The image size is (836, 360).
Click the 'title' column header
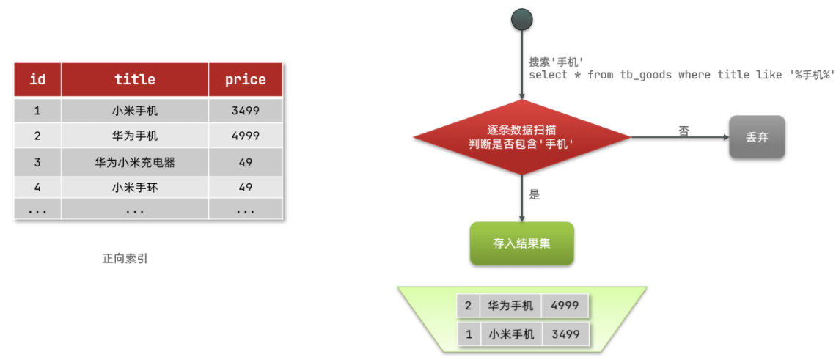click(x=135, y=79)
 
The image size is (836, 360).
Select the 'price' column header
click(x=245, y=79)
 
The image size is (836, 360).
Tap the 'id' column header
click(x=37, y=79)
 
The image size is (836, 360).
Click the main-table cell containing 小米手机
click(x=135, y=111)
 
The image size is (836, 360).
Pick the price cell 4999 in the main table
click(x=245, y=136)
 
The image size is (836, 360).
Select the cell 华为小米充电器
click(x=135, y=162)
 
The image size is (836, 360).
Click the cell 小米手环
click(x=135, y=187)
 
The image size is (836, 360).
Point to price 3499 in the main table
click(x=245, y=111)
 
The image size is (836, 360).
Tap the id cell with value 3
click(x=37, y=162)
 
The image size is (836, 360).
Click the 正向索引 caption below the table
click(x=125, y=259)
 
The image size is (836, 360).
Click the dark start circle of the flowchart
click(x=521, y=19)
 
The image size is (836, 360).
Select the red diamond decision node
click(x=521, y=137)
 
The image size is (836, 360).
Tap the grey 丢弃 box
click(x=757, y=137)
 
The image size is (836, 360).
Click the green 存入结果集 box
click(x=521, y=243)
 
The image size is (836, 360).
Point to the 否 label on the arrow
click(x=684, y=131)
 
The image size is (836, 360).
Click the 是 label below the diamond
click(x=534, y=195)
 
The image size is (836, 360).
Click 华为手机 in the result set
click(x=510, y=306)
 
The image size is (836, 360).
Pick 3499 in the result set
click(x=565, y=334)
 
